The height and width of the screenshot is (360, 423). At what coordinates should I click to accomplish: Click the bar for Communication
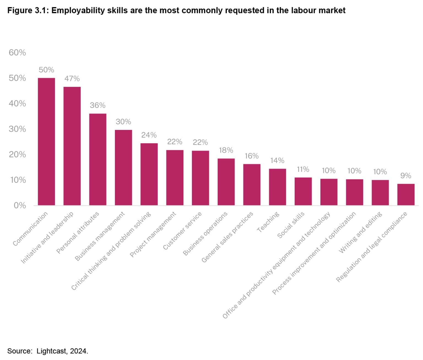point(46,142)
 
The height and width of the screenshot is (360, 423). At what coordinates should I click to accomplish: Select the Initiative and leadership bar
point(72,146)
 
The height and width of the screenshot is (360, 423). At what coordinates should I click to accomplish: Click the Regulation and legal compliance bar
point(406,194)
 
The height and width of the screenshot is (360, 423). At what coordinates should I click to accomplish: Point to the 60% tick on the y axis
point(17,52)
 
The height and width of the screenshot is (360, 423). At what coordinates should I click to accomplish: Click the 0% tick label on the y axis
point(20,205)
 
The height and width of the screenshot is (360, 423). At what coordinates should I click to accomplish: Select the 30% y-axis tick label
point(17,129)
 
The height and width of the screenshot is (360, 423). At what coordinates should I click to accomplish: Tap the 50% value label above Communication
point(46,70)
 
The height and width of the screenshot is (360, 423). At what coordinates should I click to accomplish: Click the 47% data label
point(72,79)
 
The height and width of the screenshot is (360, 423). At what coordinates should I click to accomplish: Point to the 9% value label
point(406,176)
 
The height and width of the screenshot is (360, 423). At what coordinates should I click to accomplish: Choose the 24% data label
point(149,135)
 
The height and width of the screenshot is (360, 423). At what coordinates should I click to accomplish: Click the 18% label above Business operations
point(226,150)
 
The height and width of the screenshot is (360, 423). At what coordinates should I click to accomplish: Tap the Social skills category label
point(291,225)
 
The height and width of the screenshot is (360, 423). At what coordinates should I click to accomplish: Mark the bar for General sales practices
point(252,185)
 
